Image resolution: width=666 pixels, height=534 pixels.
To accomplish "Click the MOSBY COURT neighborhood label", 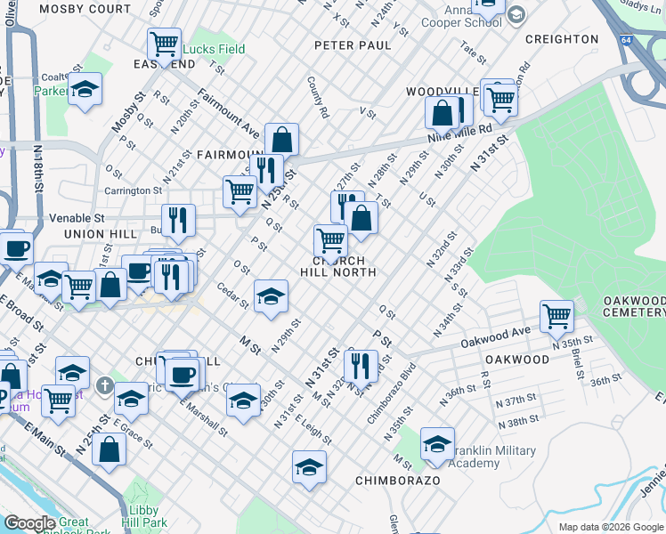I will [85, 9].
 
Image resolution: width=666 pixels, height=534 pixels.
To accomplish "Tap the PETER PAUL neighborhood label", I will [353, 45].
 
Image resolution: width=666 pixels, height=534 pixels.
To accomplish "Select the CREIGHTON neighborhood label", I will [562, 39].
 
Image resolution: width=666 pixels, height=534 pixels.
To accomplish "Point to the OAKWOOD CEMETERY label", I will [633, 306].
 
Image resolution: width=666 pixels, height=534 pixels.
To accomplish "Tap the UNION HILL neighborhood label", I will [101, 234].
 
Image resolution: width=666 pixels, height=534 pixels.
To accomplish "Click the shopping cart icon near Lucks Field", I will [164, 43].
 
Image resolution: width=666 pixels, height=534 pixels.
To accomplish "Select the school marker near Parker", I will [85, 89].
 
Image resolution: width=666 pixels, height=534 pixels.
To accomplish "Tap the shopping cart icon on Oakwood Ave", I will [556, 314].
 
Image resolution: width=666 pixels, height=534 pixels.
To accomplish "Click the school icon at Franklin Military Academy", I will [437, 444].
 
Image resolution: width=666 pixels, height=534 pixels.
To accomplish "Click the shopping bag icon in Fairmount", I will [281, 139].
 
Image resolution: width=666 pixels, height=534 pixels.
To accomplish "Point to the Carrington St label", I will [133, 190].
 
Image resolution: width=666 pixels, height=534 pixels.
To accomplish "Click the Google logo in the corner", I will [29, 523].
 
